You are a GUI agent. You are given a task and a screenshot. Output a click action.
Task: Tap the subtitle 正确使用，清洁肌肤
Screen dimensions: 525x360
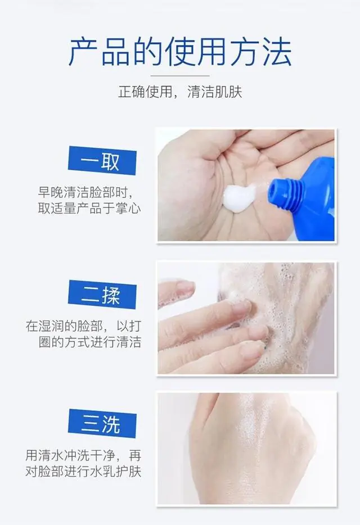pos(180,92)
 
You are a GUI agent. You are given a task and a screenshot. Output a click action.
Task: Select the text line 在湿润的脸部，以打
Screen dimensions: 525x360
pos(83,326)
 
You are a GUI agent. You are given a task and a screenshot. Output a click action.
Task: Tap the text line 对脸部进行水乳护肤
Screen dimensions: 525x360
pos(83,470)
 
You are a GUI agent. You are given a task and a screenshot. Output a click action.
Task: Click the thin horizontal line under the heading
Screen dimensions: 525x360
pos(180,75)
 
